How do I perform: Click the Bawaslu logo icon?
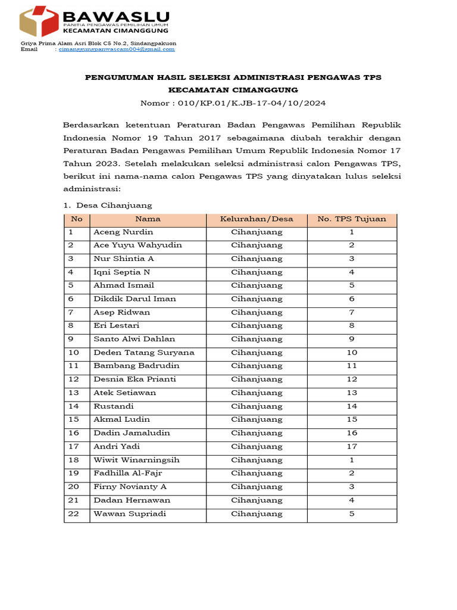click(x=39, y=21)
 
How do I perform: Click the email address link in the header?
click(x=115, y=49)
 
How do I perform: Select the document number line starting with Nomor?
click(x=233, y=102)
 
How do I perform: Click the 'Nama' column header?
click(x=148, y=219)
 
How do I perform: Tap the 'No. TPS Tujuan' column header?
click(x=352, y=219)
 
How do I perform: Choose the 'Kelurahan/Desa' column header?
click(x=256, y=219)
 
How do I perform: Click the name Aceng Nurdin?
click(x=123, y=232)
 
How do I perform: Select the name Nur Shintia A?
click(x=124, y=259)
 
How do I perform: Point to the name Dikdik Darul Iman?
click(x=134, y=299)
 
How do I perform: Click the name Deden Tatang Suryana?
click(x=144, y=353)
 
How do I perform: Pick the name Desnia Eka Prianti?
click(x=134, y=379)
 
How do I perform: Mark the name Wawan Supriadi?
click(x=130, y=514)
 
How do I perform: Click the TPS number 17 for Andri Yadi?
click(x=352, y=447)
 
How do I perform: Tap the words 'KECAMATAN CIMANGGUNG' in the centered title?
click(x=233, y=90)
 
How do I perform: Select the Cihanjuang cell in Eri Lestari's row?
click(x=256, y=326)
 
